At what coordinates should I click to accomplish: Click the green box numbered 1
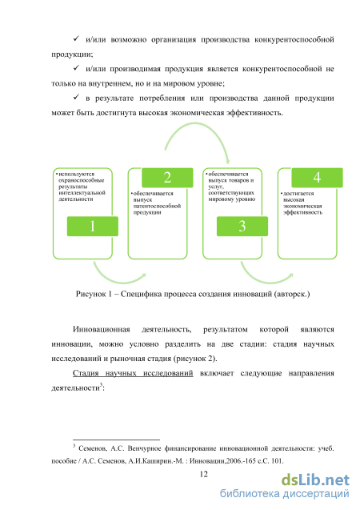pos(93,226)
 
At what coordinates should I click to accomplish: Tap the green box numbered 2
pos(167,178)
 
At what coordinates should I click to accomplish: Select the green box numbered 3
pos(242,226)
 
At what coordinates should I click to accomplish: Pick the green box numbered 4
pos(317,178)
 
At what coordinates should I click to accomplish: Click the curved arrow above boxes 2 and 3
pos(195,123)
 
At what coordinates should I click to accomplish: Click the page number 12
pos(204,474)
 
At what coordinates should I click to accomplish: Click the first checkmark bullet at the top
pos(76,38)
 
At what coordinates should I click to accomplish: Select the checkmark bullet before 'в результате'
pos(76,97)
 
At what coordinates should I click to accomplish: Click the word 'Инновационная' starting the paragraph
pos(102,330)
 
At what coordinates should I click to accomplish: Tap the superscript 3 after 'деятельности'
pos(101,385)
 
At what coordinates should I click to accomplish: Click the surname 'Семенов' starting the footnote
pos(93,448)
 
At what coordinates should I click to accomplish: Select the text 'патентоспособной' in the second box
pos(157,207)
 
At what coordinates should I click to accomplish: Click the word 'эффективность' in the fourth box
pos(303,212)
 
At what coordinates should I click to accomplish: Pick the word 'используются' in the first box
pos(77,175)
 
